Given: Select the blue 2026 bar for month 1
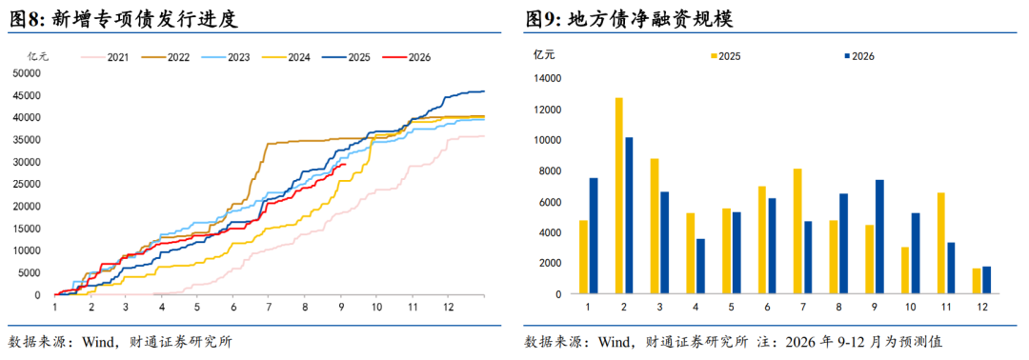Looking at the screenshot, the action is coord(594,236).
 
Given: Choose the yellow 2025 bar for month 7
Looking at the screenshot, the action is coord(797,231).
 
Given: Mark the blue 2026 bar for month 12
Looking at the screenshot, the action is coord(986,280).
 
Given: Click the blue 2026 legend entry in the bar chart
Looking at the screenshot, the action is coord(858,56).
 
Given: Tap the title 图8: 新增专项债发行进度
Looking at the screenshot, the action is coord(123,19).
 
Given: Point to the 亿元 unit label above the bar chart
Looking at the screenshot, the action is coord(543,56).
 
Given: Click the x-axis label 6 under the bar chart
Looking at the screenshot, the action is coord(766,307).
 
